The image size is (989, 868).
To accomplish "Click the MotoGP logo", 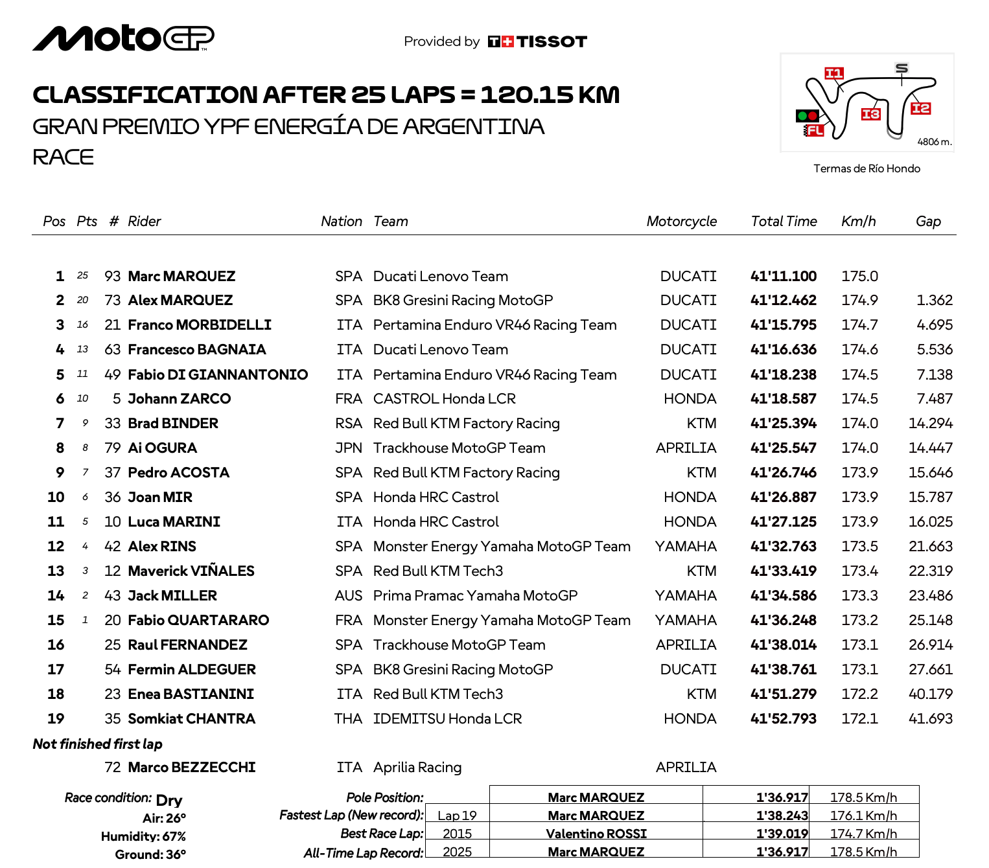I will pyautogui.click(x=123, y=38).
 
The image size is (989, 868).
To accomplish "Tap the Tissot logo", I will pyautogui.click(x=537, y=42).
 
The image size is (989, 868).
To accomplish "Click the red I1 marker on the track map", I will pyautogui.click(x=833, y=73).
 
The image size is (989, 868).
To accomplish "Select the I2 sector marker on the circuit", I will pyautogui.click(x=920, y=108).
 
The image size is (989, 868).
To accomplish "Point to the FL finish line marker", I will pyautogui.click(x=814, y=130).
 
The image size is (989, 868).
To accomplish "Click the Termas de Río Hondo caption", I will pyautogui.click(x=867, y=168).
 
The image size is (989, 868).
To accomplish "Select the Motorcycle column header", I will pyautogui.click(x=681, y=222).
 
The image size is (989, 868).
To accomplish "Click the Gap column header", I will pyautogui.click(x=927, y=222).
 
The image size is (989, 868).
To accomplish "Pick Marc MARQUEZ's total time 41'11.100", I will pyautogui.click(x=783, y=277).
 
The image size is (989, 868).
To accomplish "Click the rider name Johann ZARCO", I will pyautogui.click(x=179, y=399).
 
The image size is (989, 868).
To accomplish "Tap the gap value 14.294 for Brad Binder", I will pyautogui.click(x=930, y=424).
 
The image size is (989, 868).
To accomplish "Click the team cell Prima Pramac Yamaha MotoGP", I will pyautogui.click(x=475, y=596).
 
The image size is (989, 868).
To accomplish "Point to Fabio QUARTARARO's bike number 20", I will pyautogui.click(x=113, y=621).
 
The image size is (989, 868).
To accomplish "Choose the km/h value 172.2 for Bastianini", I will pyautogui.click(x=859, y=694).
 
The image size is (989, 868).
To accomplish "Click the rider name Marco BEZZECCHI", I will pyautogui.click(x=191, y=768).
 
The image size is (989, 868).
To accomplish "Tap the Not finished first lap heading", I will pyautogui.click(x=97, y=744).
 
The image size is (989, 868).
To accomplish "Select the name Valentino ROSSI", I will pyautogui.click(x=596, y=834).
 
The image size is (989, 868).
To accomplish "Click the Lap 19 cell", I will pyautogui.click(x=457, y=816).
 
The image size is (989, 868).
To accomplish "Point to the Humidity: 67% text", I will pyautogui.click(x=143, y=836).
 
